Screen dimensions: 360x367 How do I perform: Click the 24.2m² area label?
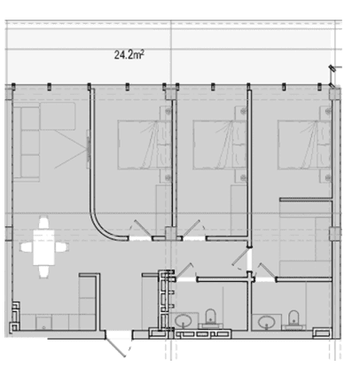point(129,55)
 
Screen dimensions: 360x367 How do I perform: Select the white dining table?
point(43,247)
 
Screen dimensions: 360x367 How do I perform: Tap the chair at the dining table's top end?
point(43,223)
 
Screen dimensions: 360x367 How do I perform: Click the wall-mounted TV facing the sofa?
point(88,149)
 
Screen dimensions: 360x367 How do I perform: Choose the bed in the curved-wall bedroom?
point(145,144)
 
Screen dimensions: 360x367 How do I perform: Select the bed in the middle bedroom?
point(220,144)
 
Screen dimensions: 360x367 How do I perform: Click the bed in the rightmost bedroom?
point(304,144)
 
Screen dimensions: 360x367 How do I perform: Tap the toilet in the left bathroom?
point(210,317)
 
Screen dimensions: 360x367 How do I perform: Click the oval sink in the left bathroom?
point(184,321)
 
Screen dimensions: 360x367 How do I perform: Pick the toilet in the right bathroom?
point(293,319)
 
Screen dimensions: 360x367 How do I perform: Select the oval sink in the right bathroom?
point(267,322)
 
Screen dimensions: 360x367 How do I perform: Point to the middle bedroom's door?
point(191,228)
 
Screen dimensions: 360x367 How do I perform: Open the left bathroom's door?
point(184,270)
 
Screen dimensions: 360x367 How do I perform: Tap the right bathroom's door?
point(268,271)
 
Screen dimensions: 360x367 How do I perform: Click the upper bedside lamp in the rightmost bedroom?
point(328,111)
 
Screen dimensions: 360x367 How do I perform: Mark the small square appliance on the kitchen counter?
point(43,323)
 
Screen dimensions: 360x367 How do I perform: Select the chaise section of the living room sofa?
point(58,116)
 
